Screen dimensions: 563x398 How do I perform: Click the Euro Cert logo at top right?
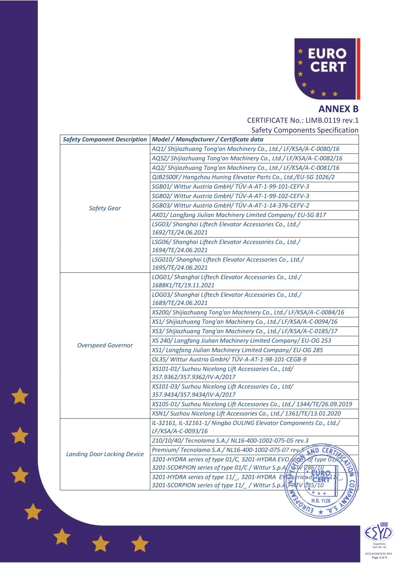[x=327, y=69]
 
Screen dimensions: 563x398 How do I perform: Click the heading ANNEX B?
[x=338, y=109]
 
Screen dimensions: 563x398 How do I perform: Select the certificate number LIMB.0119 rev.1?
[x=332, y=120]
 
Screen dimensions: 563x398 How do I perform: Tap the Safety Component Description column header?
[x=105, y=140]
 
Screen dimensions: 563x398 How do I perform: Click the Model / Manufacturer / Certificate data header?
[x=207, y=140]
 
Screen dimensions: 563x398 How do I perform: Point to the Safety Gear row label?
[x=105, y=208]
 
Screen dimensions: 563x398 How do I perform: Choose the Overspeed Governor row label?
[x=105, y=345]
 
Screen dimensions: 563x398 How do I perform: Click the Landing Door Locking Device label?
[x=105, y=454]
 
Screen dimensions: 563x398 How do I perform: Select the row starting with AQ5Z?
[x=247, y=158]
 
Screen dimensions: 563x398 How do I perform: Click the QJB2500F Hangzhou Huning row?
[x=243, y=177]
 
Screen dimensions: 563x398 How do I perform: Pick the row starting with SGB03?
[x=230, y=205]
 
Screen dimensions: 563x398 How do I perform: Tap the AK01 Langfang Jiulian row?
[x=239, y=215]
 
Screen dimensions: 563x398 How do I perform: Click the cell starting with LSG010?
[x=228, y=263]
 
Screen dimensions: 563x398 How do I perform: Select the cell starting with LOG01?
[x=226, y=281]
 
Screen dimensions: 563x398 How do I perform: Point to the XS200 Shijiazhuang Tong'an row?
[x=248, y=312]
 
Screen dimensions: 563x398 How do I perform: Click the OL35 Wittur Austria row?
[x=229, y=359]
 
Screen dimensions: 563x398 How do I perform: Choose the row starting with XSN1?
[x=246, y=413]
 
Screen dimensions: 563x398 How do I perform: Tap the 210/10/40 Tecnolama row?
[x=230, y=440]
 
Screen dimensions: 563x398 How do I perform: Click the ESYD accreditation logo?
[x=379, y=533]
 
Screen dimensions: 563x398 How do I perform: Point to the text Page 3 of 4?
[x=379, y=557]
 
